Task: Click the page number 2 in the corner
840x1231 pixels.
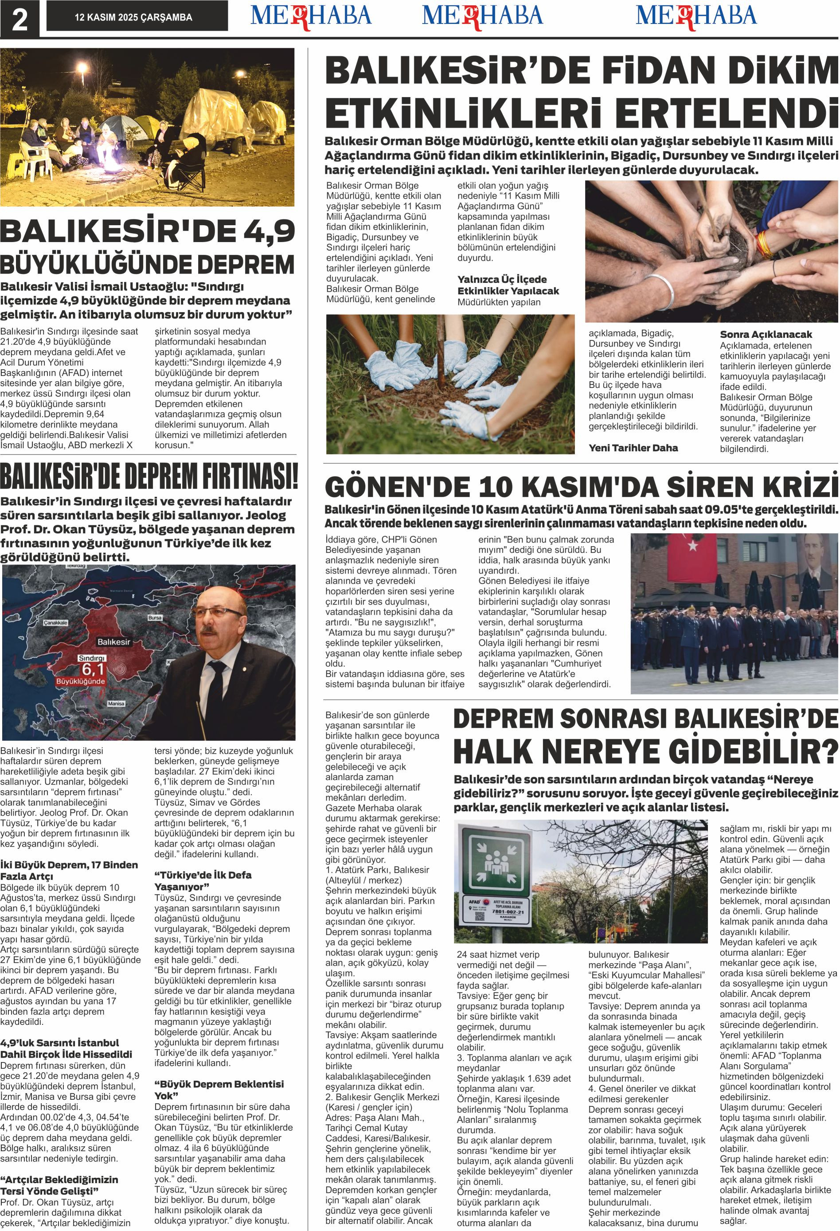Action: coord(19,20)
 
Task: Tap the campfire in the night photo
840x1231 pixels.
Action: coord(113,169)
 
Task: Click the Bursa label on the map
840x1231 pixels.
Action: coord(155,617)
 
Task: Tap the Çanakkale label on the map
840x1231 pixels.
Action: coord(56,623)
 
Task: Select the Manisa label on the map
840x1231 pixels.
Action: coord(116,703)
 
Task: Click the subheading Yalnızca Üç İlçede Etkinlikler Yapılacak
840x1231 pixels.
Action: coord(508,285)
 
